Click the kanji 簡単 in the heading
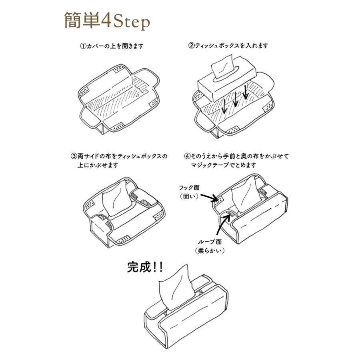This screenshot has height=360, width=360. click(x=82, y=21)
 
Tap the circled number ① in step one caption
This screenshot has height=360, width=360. click(x=83, y=46)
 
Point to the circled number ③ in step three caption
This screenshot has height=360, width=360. click(x=74, y=156)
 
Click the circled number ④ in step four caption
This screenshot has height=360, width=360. click(x=187, y=156)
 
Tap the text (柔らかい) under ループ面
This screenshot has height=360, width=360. click(x=210, y=251)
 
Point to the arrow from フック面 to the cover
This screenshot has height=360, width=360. click(x=209, y=196)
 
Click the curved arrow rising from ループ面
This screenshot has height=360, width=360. click(x=221, y=224)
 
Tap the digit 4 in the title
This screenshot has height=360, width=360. click(x=106, y=22)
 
